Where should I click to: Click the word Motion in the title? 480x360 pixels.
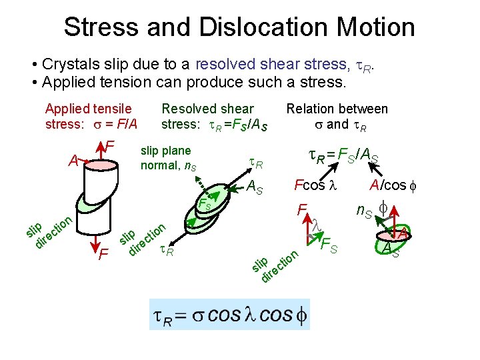[374, 27]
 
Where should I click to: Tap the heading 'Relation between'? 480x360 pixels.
[337, 109]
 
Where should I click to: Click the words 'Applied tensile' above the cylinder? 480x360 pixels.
[88, 109]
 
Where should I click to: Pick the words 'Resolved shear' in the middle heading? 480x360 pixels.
[208, 109]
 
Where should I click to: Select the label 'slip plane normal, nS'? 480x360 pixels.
[166, 157]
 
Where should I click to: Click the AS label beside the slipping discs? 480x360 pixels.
[254, 189]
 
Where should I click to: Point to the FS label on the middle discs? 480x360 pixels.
[204, 203]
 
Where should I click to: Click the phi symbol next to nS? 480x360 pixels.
[384, 208]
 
